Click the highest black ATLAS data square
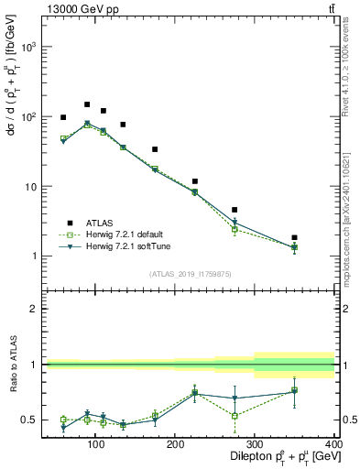tap(87, 104)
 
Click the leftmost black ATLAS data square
tap(63, 117)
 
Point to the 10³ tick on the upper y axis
tap(25, 46)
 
